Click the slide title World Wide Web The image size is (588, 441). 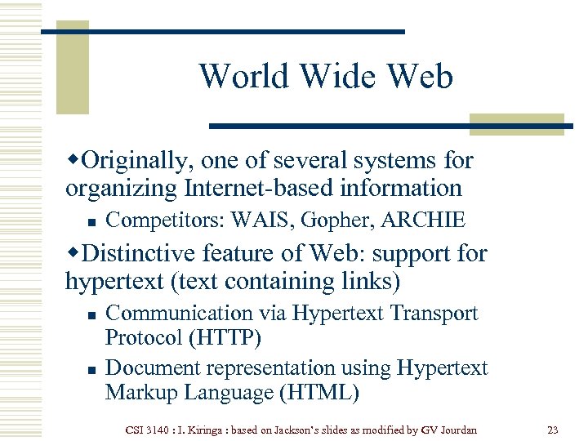pyautogui.click(x=325, y=76)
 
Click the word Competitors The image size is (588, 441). pyautogui.click(x=165, y=220)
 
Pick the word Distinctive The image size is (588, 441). pyautogui.click(x=148, y=254)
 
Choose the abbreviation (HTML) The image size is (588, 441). pyautogui.click(x=319, y=393)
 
